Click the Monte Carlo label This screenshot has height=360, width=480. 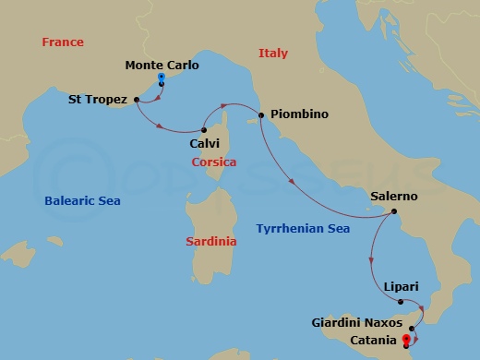click(x=162, y=66)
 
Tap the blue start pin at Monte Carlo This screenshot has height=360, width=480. click(x=162, y=79)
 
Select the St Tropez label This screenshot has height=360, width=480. click(x=98, y=99)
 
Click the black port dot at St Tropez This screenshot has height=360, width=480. click(x=137, y=99)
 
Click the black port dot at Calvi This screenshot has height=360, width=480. click(x=205, y=129)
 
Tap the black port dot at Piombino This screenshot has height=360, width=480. click(x=262, y=115)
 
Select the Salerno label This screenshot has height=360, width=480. click(x=394, y=197)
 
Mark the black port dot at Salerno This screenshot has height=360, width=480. click(x=394, y=212)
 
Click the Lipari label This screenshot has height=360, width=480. click(x=402, y=287)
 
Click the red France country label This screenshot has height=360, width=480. click(x=63, y=42)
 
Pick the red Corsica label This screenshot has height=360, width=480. click(x=213, y=162)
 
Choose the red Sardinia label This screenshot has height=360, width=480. click(x=210, y=241)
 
